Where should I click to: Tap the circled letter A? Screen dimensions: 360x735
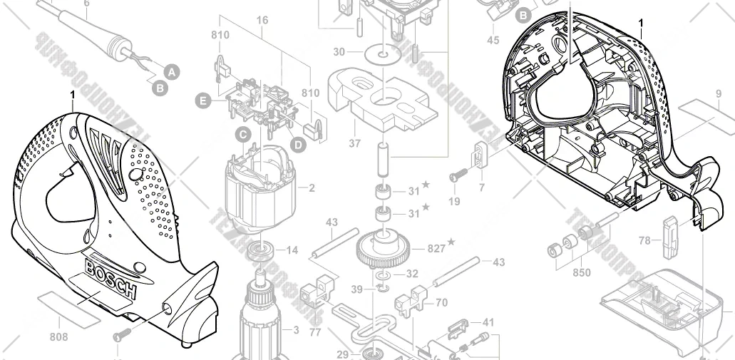[x=171, y=71]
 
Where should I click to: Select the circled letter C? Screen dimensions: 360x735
[x=242, y=133]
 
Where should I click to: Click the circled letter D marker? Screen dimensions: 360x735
[x=297, y=144]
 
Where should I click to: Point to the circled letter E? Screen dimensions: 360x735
[x=204, y=102]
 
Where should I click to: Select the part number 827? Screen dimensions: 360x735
[x=435, y=248]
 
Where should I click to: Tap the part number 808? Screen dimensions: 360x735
[x=59, y=336]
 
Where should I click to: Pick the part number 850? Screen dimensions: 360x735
[x=582, y=272]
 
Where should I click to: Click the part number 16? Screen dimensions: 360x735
[x=262, y=20]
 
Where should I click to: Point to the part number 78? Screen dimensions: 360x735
[x=644, y=241]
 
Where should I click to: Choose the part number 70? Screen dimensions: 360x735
[x=441, y=303]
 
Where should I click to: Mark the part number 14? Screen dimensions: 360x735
[x=292, y=250]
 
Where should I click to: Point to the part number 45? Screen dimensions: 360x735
[x=493, y=41]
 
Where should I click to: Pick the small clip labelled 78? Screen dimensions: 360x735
[x=669, y=235]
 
